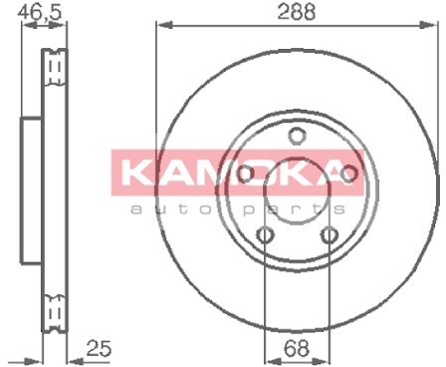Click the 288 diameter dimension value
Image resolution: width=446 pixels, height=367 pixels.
click(x=296, y=12)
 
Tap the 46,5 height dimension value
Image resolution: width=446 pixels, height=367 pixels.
click(x=40, y=12)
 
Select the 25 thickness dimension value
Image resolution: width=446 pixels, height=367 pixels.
click(x=99, y=348)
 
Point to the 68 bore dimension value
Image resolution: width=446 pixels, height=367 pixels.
click(x=297, y=348)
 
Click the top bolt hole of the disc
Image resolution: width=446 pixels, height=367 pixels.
click(x=297, y=136)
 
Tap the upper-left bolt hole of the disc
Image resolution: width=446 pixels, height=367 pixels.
click(x=246, y=174)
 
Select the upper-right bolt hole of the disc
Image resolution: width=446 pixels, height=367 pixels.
click(x=348, y=174)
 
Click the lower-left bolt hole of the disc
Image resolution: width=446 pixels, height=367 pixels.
click(x=266, y=235)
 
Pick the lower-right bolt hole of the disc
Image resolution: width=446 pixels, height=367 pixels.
click(x=330, y=235)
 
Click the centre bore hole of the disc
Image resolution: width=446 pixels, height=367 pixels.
click(x=297, y=191)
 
